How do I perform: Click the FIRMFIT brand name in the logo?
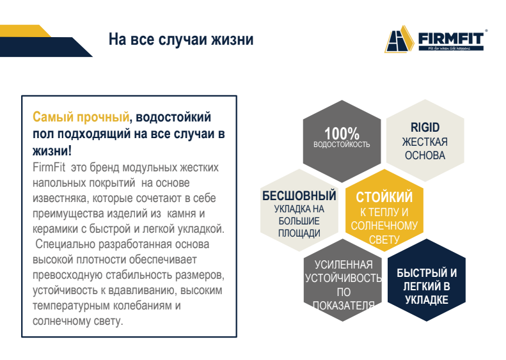pos(451,38)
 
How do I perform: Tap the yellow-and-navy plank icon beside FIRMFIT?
pos(399,39)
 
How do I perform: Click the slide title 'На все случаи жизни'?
pos(181,40)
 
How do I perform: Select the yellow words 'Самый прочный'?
pos(81,117)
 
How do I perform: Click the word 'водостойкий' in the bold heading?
pos(173,117)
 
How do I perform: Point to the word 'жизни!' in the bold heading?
pos(52,151)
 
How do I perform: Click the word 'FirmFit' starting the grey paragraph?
pos(49,168)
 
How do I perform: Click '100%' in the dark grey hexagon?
pos(342,133)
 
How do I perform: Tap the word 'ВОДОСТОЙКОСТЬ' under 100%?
pos(342,145)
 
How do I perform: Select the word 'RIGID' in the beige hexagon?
pos(425,127)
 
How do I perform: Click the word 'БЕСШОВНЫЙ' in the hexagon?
pos(299,196)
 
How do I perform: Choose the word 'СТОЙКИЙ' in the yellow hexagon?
pos(384,197)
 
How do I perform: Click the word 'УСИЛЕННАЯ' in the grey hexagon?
pos(344,265)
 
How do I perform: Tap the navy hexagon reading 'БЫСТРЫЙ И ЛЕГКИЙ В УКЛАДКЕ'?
pos(426,279)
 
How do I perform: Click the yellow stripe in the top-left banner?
pos(26,31)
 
